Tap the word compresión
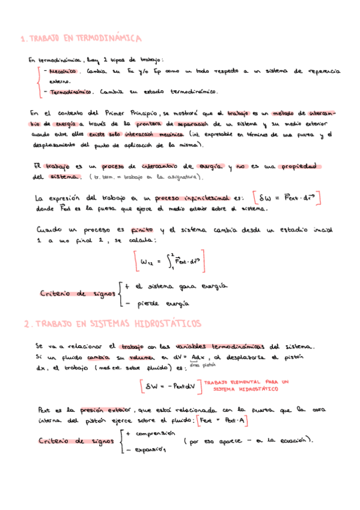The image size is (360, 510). click(x=154, y=433)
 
